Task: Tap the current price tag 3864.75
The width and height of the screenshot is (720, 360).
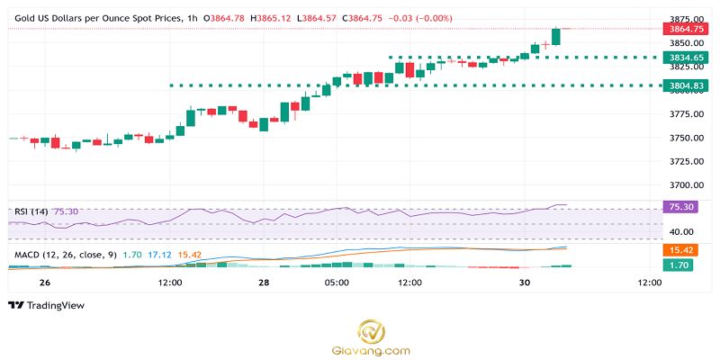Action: (680, 29)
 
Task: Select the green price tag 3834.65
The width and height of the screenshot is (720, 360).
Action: (680, 58)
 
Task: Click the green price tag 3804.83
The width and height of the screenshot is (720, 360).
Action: (680, 85)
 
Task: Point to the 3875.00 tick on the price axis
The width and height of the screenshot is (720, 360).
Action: (680, 19)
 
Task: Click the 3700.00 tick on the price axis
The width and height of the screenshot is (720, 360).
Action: (680, 185)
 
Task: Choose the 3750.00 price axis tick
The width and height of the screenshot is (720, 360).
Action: (680, 138)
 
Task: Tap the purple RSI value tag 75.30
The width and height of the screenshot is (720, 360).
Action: (679, 207)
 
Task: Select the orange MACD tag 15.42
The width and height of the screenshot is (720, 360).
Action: (679, 249)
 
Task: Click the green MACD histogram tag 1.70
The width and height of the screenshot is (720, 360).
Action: (679, 265)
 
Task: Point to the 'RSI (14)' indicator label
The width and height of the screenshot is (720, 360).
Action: (31, 211)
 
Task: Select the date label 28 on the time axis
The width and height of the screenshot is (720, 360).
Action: (265, 283)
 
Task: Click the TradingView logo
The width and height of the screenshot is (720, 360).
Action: (46, 306)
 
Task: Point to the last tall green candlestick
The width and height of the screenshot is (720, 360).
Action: (555, 36)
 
